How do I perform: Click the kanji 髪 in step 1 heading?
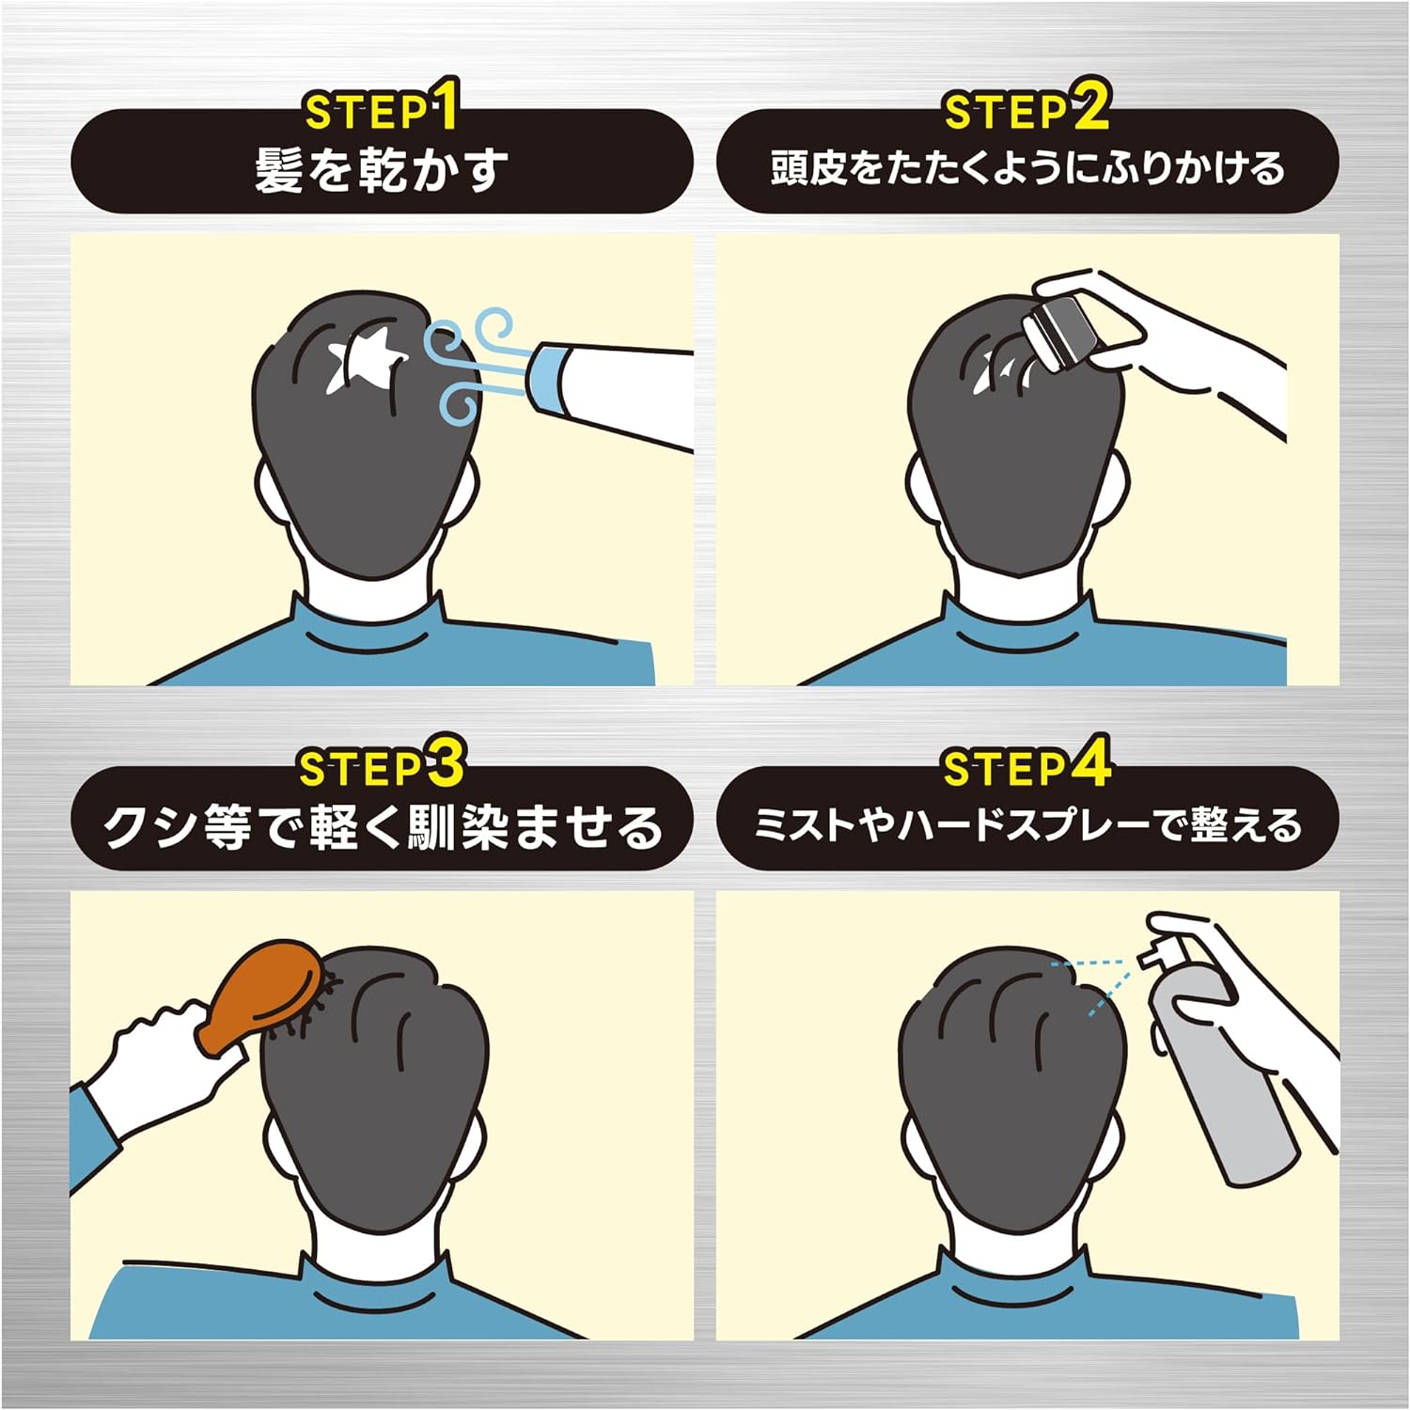pyautogui.click(x=279, y=170)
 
